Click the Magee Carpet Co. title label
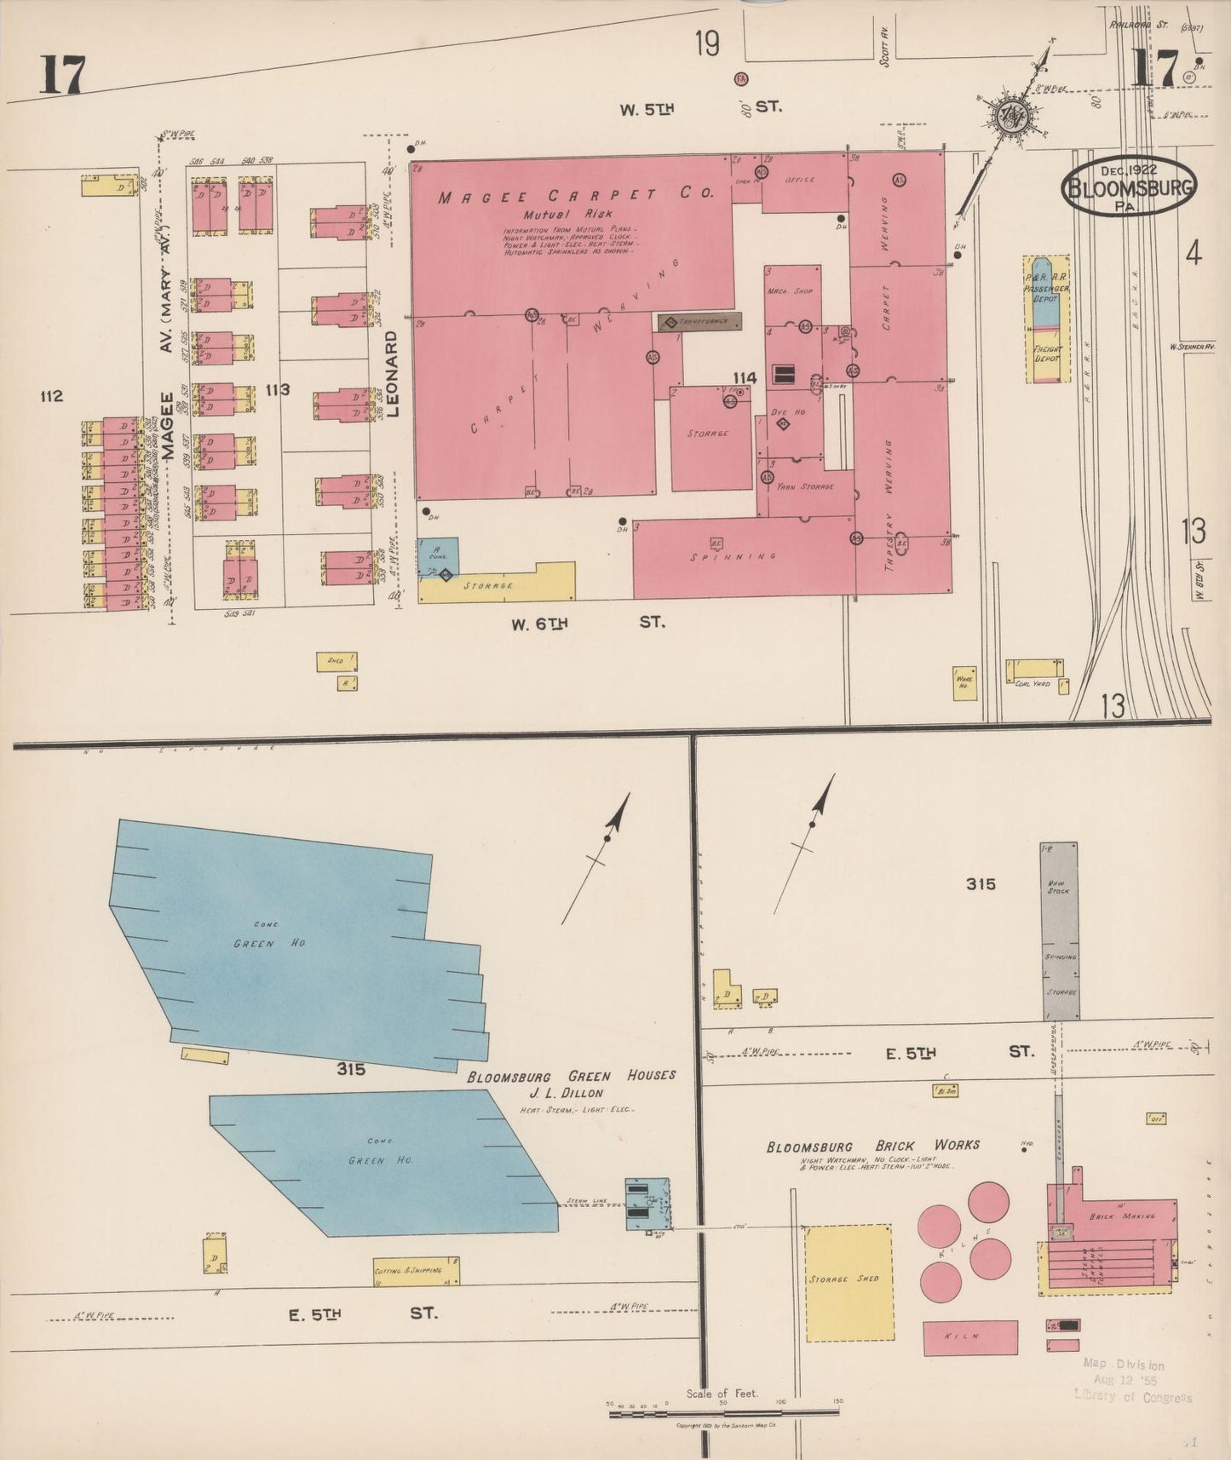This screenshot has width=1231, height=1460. click(x=575, y=196)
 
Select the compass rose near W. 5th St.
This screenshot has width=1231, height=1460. click(x=1013, y=114)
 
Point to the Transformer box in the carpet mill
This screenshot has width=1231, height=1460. click(x=699, y=321)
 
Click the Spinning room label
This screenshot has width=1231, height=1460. click(x=743, y=556)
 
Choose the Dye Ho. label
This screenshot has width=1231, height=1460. click(x=787, y=412)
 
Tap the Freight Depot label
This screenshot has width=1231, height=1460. click(x=1047, y=354)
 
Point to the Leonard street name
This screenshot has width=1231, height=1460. click(x=392, y=373)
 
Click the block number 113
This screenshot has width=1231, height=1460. click(x=278, y=390)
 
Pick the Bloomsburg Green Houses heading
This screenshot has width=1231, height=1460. click(x=571, y=1076)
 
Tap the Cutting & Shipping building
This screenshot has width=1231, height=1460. click(x=416, y=1271)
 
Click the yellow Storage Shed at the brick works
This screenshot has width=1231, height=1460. click(x=848, y=1282)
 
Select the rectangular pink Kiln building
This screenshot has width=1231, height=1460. click(x=970, y=1337)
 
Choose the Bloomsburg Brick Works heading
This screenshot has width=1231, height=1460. click(x=872, y=1147)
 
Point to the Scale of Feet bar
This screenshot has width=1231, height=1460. click(x=724, y=1414)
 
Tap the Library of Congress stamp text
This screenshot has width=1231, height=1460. click(x=1133, y=1396)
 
